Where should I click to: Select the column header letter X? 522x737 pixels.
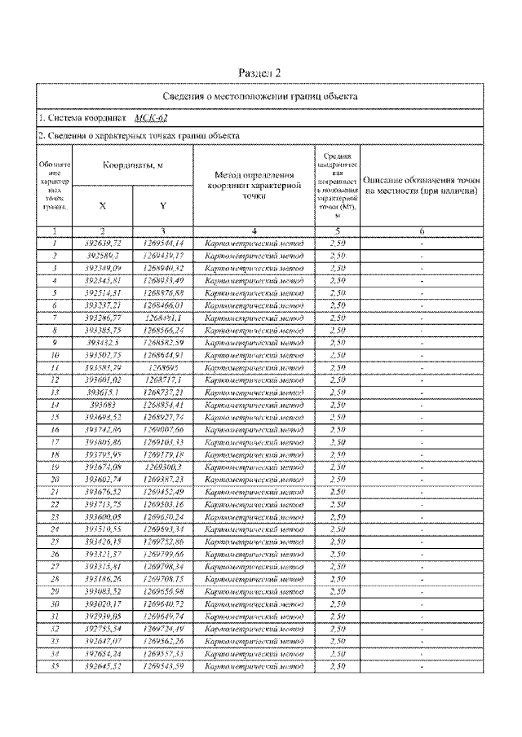click(102, 206)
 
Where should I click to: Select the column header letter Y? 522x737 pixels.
click(163, 206)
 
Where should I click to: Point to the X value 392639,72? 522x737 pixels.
click(103, 243)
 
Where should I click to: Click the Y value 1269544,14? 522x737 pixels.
click(163, 243)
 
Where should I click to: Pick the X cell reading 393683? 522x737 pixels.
click(103, 404)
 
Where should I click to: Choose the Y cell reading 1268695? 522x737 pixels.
click(163, 368)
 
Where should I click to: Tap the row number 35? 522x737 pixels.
click(53, 666)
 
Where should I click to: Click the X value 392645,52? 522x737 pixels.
click(103, 666)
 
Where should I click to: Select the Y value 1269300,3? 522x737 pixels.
click(163, 467)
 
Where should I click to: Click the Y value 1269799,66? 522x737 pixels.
click(163, 554)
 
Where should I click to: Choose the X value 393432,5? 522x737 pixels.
click(103, 343)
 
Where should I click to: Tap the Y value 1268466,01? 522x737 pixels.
click(163, 305)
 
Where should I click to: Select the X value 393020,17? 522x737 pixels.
click(103, 604)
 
